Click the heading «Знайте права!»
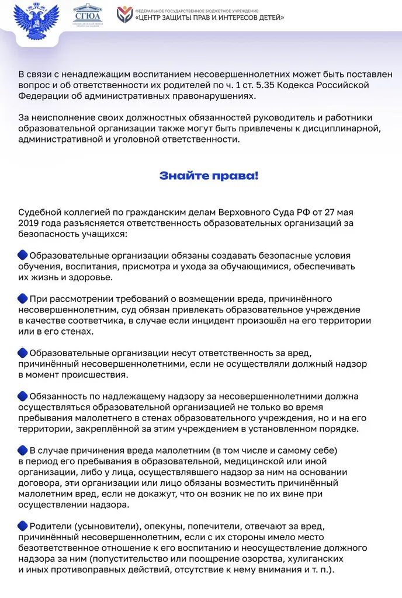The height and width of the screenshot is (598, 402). (209, 176)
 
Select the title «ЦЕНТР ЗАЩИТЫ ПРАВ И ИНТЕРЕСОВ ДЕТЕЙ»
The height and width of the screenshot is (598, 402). (210, 18)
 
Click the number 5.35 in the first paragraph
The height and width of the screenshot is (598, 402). (254, 85)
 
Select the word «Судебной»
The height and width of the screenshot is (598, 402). (41, 211)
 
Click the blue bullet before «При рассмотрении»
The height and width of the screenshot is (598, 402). (23, 298)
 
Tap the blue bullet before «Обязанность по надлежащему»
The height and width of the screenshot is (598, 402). (23, 396)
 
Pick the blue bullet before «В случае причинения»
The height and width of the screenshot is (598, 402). (23, 450)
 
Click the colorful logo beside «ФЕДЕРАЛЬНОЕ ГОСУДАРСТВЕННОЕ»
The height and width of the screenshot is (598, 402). (124, 15)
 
